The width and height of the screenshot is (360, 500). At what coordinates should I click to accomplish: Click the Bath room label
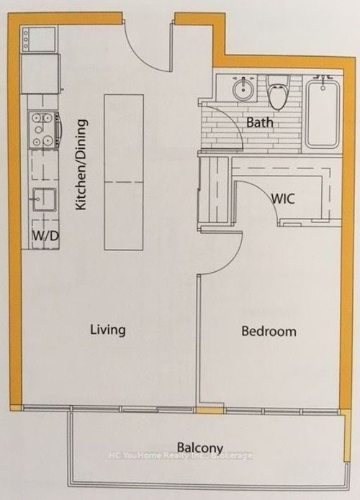pos(260,122)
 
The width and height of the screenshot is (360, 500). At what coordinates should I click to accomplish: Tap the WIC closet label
pos(283,199)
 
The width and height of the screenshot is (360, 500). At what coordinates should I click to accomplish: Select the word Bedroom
pos(269,332)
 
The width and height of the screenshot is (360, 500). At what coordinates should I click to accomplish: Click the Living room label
pos(107,330)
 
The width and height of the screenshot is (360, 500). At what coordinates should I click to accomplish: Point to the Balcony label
pos(200,448)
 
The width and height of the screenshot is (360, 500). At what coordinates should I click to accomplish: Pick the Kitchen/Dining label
pos(81,165)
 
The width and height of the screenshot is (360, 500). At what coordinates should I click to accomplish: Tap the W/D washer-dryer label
pos(46,236)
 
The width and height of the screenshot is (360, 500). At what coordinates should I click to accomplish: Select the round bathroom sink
pos(244,89)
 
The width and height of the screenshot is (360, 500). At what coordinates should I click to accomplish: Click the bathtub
pos(323,114)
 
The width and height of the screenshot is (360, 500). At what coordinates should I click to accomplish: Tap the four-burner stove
pos(45,130)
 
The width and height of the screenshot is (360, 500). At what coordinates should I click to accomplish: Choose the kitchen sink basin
pos(45,199)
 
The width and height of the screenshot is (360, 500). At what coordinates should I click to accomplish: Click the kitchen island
pos(124,172)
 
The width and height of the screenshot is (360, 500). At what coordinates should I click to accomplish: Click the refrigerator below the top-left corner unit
pos(40,73)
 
